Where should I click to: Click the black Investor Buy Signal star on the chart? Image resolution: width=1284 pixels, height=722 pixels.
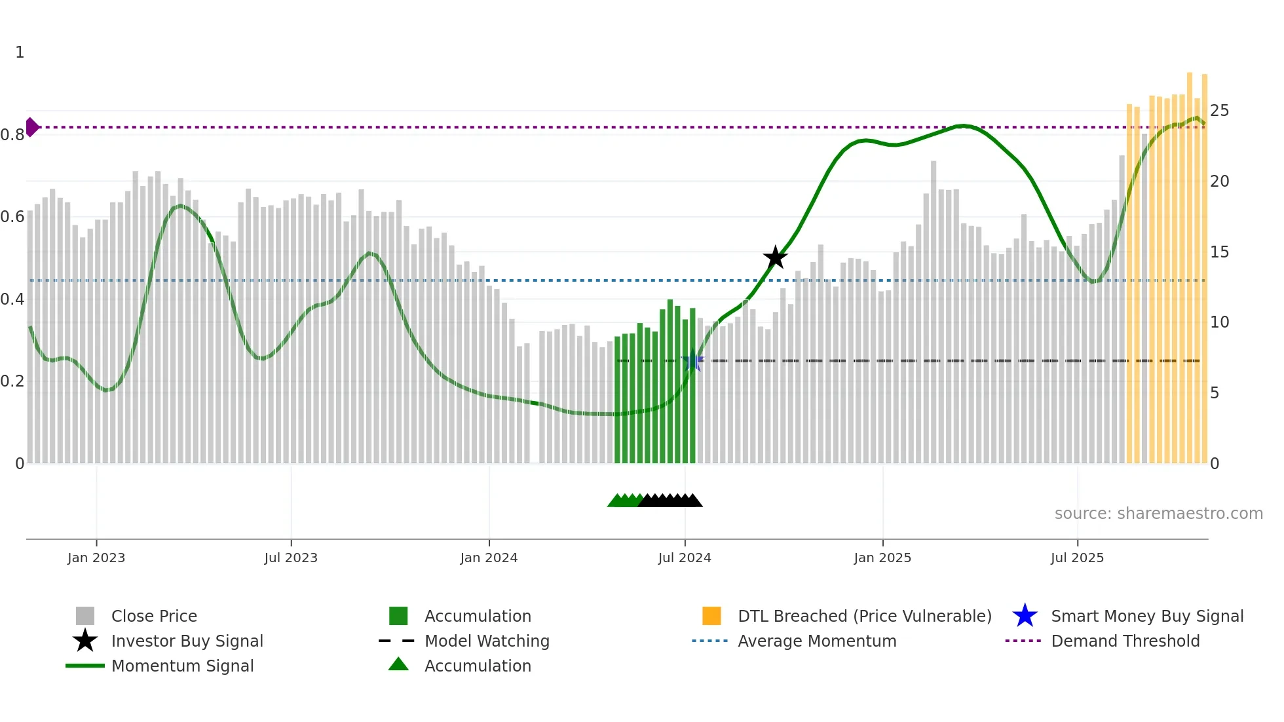coord(775,257)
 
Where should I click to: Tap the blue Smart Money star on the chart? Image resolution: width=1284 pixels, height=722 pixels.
coord(692,360)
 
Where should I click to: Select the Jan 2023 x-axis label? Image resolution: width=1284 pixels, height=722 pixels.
coord(96,558)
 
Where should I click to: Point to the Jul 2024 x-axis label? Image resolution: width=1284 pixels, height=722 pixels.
coord(685,558)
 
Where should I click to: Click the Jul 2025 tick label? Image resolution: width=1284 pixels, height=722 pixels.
coord(1077,558)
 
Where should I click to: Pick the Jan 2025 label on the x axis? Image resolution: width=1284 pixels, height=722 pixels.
coord(882,558)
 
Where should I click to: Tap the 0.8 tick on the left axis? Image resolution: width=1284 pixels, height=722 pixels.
coord(12,135)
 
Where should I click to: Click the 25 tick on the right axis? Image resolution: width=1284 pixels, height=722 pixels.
coord(1219,111)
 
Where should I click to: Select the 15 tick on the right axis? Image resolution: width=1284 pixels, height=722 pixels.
coord(1219,252)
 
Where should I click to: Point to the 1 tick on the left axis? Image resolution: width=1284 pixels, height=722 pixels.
coord(20,52)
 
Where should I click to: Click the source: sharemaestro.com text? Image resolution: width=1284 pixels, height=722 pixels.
coord(1158,514)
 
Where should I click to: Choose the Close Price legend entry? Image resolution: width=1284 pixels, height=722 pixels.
coord(154,616)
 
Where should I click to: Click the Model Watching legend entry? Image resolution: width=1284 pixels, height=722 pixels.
coord(487,641)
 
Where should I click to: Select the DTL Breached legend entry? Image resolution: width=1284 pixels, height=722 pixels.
coord(864,616)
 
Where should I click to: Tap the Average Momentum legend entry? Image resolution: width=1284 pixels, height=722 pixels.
coord(817,641)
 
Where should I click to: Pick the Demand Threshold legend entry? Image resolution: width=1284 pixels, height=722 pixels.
coord(1125,641)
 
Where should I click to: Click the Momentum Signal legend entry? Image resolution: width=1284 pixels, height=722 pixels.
coord(182,666)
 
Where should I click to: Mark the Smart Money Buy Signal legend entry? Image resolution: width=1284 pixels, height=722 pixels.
coord(1147,616)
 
